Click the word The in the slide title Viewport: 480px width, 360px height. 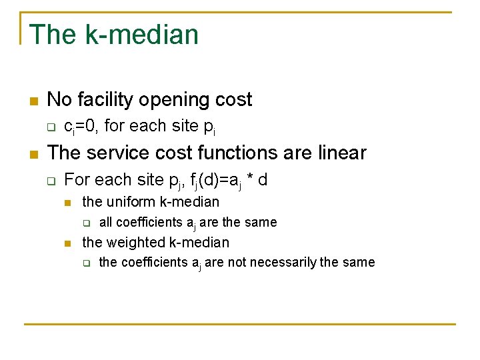pyautogui.click(x=53, y=35)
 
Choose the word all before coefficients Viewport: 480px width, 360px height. pyautogui.click(x=105, y=222)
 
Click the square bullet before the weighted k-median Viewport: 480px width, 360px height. pyautogui.click(x=67, y=243)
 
